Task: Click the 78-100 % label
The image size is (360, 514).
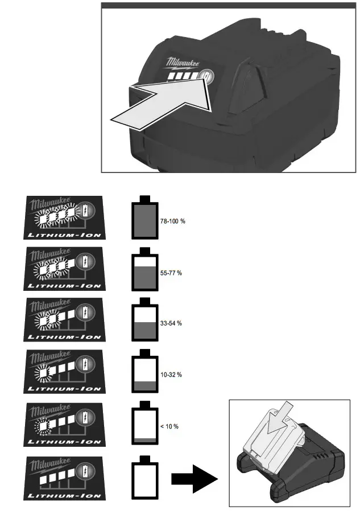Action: click(x=170, y=221)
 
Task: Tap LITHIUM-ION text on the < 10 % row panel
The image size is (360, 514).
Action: click(x=64, y=441)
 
